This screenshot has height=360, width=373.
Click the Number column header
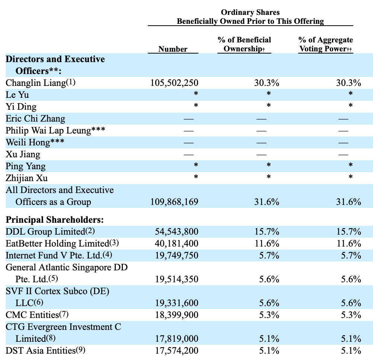point(173,49)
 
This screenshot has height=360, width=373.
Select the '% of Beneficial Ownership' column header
point(244,44)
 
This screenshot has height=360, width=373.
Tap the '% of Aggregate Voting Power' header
point(326,44)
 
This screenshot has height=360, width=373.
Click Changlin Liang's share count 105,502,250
point(174,83)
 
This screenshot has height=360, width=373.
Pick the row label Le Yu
point(17,95)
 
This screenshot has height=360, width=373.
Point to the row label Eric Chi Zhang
point(35,119)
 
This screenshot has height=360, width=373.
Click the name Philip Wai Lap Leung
point(48,131)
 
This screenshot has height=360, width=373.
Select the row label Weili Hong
point(28,142)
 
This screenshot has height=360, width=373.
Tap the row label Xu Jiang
point(23,154)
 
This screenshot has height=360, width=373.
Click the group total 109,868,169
point(174,202)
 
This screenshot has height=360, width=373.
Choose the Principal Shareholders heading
point(55,220)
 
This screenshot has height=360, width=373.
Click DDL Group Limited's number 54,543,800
point(177,232)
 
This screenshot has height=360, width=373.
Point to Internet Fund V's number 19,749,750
point(177,255)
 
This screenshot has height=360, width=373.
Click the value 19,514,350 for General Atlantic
point(177,279)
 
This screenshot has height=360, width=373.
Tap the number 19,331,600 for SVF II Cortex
point(177,303)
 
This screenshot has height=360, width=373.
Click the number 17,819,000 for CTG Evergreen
point(177,338)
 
